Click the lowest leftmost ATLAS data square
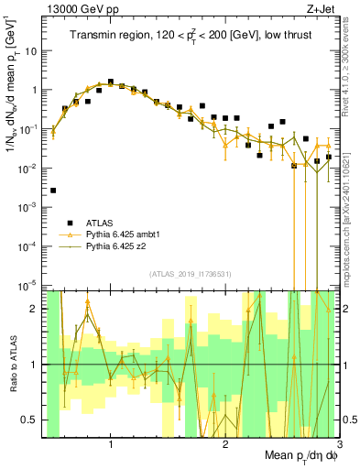point(53,191)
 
